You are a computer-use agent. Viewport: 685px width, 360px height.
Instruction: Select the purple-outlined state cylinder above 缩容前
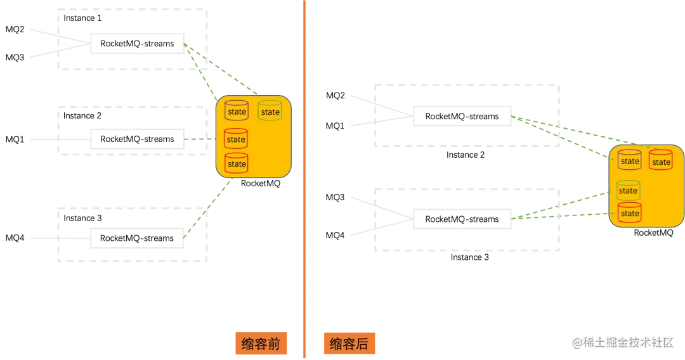pyautogui.click(x=237, y=111)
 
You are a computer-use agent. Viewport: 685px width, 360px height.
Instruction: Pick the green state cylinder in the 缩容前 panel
pyautogui.click(x=270, y=111)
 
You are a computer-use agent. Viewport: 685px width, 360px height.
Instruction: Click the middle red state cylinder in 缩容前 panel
pyautogui.click(x=236, y=139)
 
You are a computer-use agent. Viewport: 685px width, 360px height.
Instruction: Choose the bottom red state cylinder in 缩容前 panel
pyautogui.click(x=237, y=164)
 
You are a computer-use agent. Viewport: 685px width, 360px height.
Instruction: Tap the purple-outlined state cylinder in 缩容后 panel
pyautogui.click(x=630, y=160)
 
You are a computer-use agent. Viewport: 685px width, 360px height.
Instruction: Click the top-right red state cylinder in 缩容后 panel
pyautogui.click(x=661, y=161)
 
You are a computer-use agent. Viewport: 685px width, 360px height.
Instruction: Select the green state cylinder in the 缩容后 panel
pyautogui.click(x=628, y=190)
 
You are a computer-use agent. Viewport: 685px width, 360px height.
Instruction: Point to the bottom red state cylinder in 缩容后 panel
pyautogui.click(x=630, y=213)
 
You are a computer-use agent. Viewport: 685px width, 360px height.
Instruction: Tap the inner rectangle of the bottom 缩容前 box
pyautogui.click(x=137, y=238)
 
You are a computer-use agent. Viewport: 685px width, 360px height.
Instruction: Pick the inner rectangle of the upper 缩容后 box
pyautogui.click(x=461, y=116)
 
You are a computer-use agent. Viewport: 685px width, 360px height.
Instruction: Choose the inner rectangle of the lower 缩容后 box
pyautogui.click(x=462, y=219)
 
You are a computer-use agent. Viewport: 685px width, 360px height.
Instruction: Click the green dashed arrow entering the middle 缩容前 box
pyautogui.click(x=200, y=139)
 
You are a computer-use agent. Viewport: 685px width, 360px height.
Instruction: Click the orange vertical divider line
pyautogui.click(x=304, y=180)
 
